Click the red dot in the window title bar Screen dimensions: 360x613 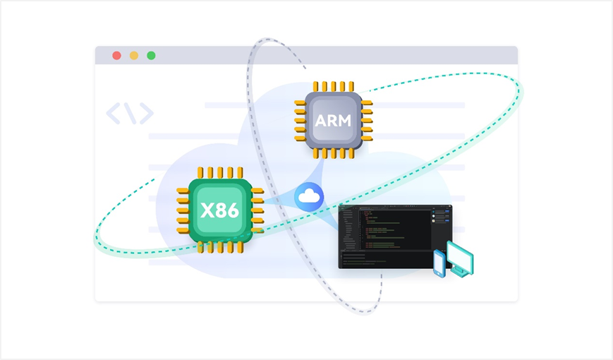[x=116, y=56]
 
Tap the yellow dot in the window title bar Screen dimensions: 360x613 [x=134, y=56]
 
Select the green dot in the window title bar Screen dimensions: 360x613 [x=151, y=56]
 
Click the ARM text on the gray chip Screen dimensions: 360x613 [x=333, y=120]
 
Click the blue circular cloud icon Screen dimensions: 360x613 [x=309, y=197]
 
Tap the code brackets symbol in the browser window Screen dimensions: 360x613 [x=130, y=114]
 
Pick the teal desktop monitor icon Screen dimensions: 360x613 [x=460, y=257]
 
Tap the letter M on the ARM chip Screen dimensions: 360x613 [x=344, y=120]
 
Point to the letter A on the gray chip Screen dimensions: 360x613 [x=321, y=120]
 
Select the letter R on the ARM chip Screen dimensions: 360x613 [x=332, y=120]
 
